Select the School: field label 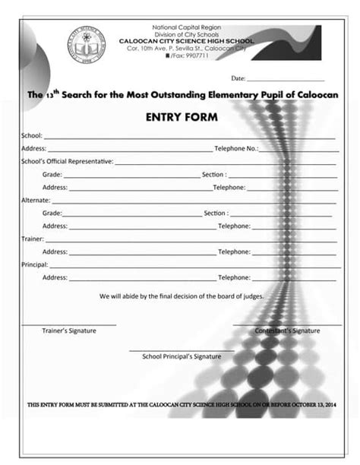[31, 135]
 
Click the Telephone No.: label [237, 148]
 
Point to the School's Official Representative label [67, 161]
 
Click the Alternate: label [36, 200]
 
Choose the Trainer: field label [33, 239]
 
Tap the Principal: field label [35, 264]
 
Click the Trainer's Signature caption [68, 331]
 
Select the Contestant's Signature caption [287, 331]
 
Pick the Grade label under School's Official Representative [52, 175]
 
